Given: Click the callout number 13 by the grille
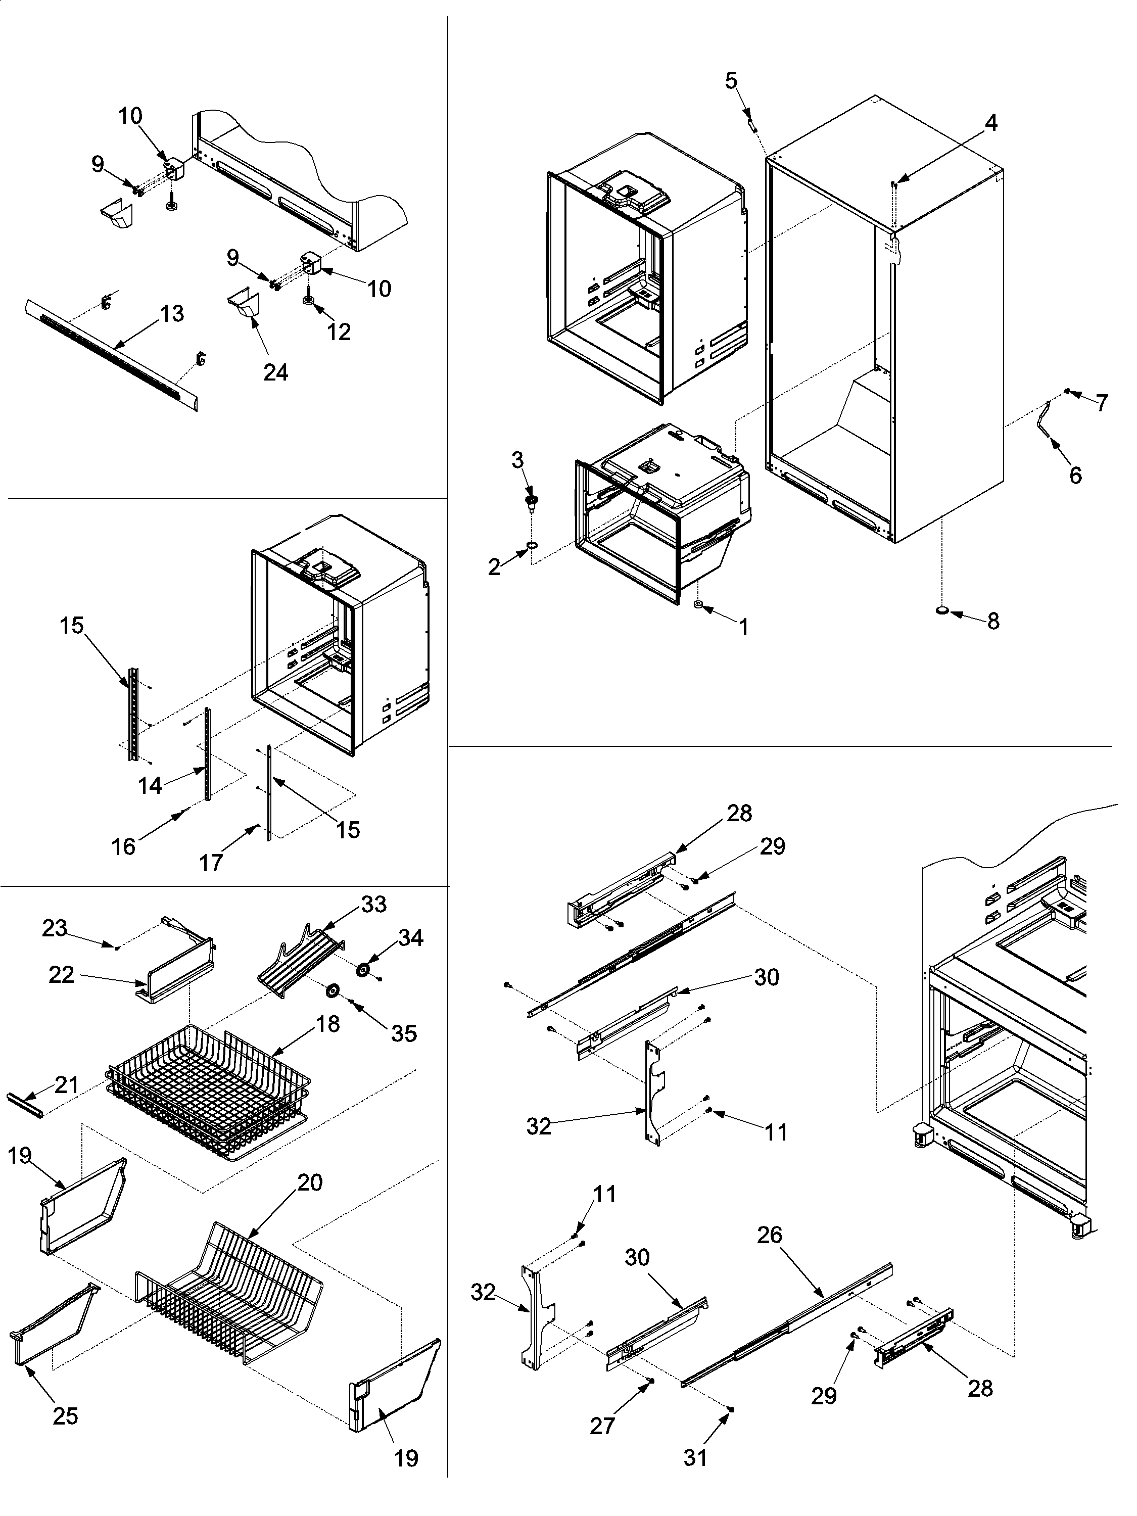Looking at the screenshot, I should pyautogui.click(x=172, y=313).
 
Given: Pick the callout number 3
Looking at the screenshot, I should pyautogui.click(x=517, y=459).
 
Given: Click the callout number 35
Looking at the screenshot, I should pyautogui.click(x=404, y=1033).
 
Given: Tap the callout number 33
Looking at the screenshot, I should pyautogui.click(x=373, y=904).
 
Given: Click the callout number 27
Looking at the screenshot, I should pyautogui.click(x=602, y=1426).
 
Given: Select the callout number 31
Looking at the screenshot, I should pyautogui.click(x=695, y=1457).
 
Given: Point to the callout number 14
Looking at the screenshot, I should pyautogui.click(x=150, y=785).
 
